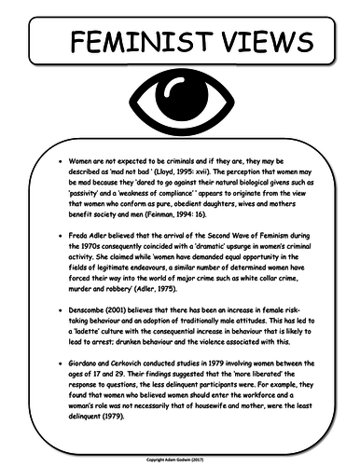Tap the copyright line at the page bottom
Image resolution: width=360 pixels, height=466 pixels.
[x=180, y=459]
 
